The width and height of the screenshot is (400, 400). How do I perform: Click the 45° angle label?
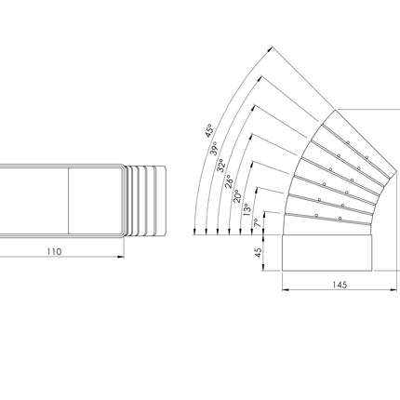tap(209, 130)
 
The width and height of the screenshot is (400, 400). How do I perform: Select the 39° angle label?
tap(214, 148)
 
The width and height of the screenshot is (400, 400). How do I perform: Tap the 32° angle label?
tap(220, 166)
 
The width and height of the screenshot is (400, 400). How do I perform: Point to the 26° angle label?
tap(229, 181)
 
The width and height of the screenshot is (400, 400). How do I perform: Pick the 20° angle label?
tap(237, 196)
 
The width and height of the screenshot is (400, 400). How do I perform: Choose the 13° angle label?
tap(247, 209)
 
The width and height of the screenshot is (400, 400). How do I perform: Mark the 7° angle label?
tap(256, 222)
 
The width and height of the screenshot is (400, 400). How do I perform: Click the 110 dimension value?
tap(54, 252)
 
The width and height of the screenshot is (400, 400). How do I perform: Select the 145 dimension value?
tap(340, 285)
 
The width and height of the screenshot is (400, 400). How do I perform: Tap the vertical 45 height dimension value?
tap(258, 252)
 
